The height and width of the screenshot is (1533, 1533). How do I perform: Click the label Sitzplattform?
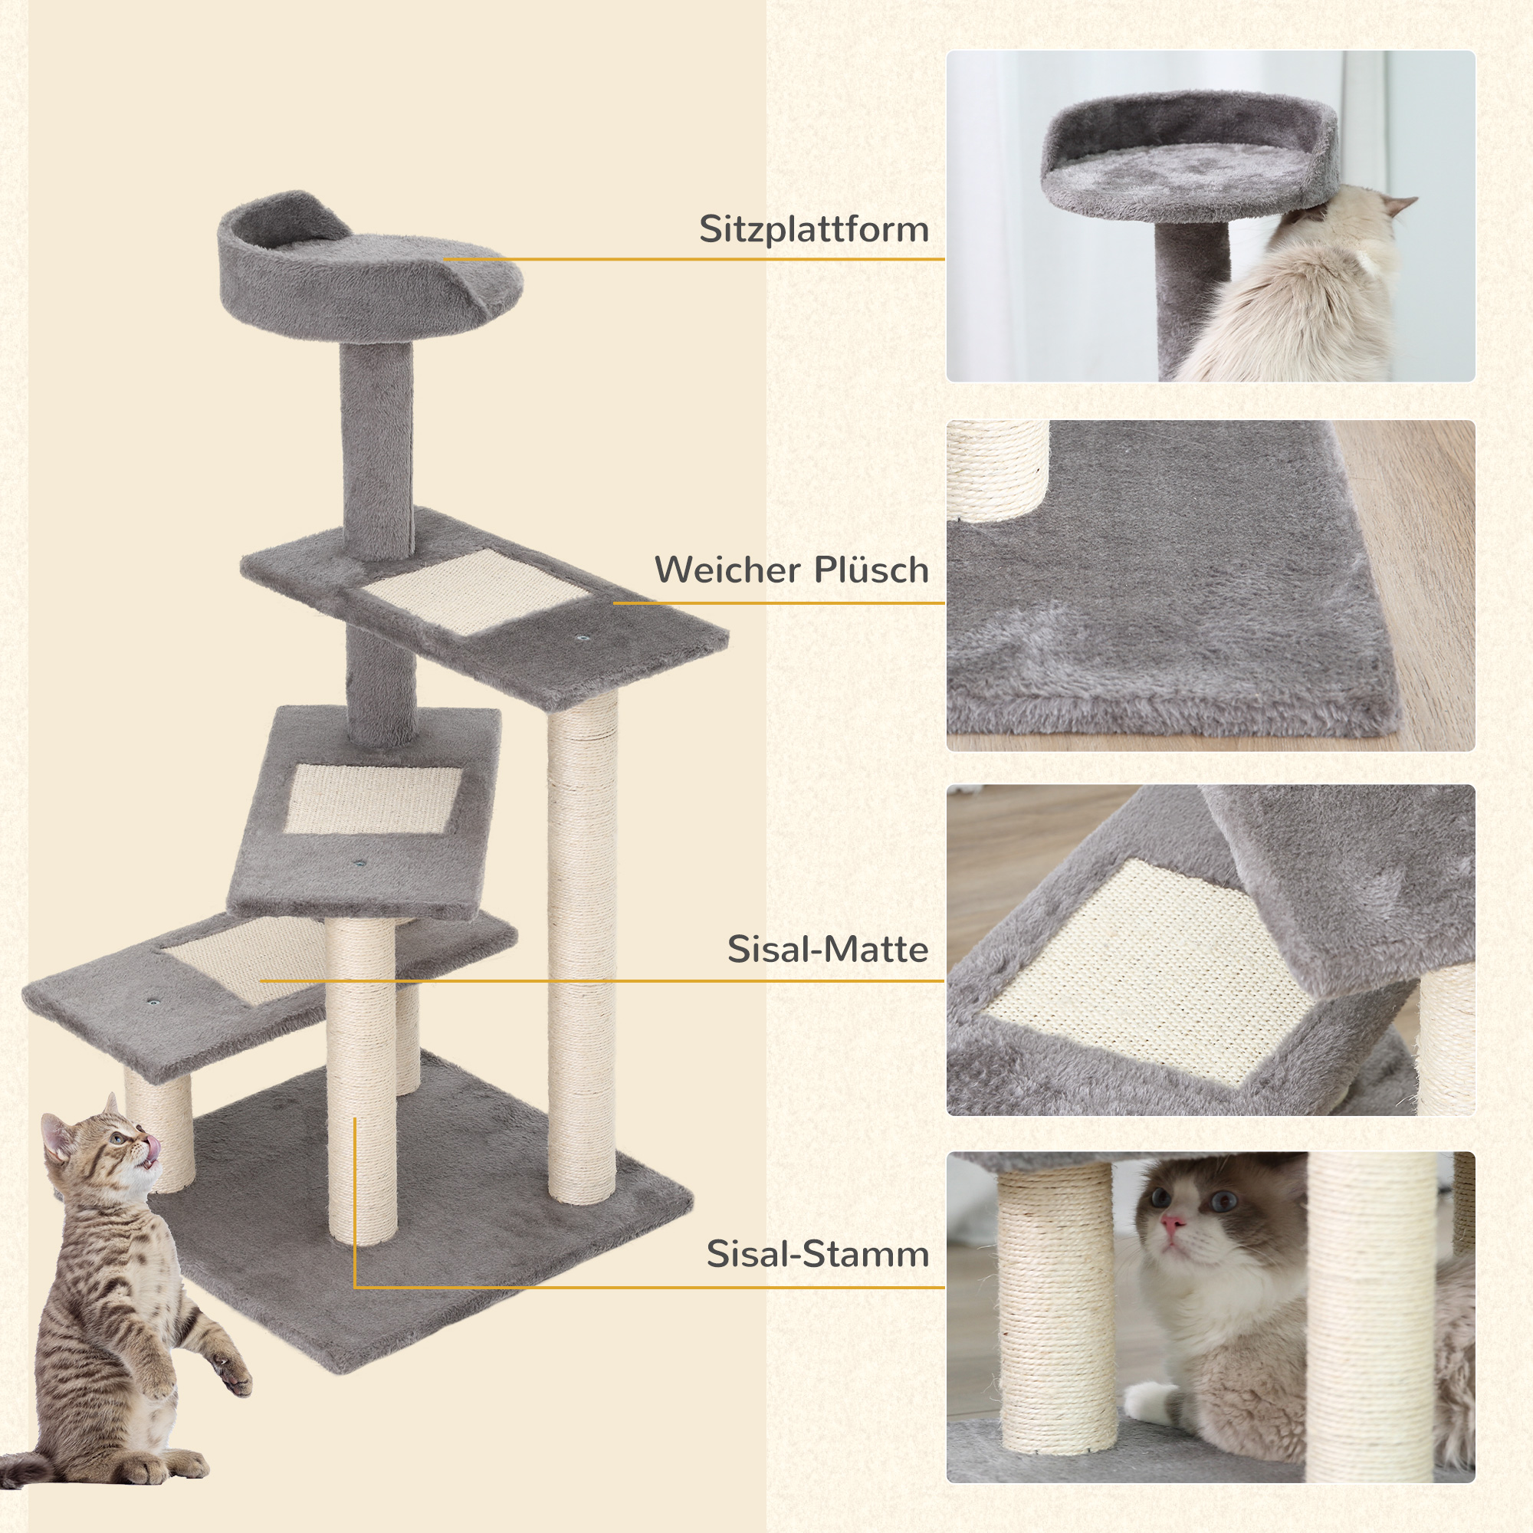pyautogui.click(x=813, y=229)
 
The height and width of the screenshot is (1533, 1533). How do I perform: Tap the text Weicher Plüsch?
pyautogui.click(x=791, y=570)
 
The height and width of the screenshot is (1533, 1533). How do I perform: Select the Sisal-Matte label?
pyautogui.click(x=828, y=949)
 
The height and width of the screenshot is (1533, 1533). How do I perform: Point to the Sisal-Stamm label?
pyautogui.click(x=817, y=1254)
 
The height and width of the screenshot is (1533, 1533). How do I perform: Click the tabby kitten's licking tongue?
pyautogui.click(x=152, y=1147)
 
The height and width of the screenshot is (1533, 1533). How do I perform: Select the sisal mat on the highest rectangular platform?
pyautogui.click(x=476, y=591)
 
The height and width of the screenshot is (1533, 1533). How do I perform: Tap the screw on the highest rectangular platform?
pyautogui.click(x=585, y=637)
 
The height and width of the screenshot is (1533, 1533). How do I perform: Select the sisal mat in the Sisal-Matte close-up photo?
pyautogui.click(x=1143, y=972)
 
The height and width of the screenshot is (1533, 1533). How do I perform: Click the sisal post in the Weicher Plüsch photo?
pyautogui.click(x=996, y=468)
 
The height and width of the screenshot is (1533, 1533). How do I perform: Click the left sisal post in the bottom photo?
pyautogui.click(x=1055, y=1317)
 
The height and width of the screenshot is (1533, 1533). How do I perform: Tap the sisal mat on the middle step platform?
pyautogui.click(x=371, y=799)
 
